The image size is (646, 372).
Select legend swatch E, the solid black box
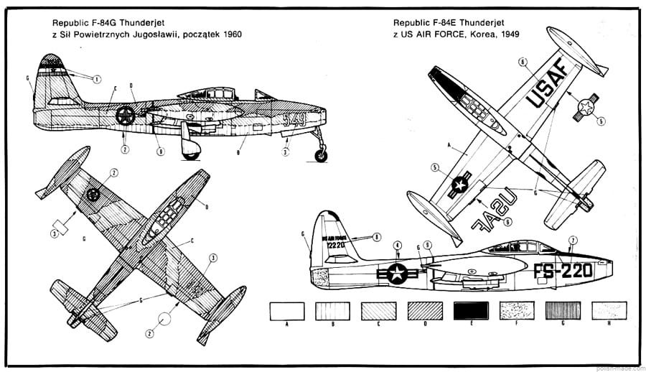471,310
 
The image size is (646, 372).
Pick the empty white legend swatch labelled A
286,310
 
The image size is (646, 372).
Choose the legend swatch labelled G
563,310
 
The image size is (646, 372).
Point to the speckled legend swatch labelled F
517,310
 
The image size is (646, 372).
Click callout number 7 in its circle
572,240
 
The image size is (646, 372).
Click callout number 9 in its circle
428,245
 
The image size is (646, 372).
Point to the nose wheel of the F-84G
321,154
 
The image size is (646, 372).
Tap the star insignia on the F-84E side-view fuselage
397,272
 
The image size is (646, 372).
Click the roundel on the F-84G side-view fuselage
126,115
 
